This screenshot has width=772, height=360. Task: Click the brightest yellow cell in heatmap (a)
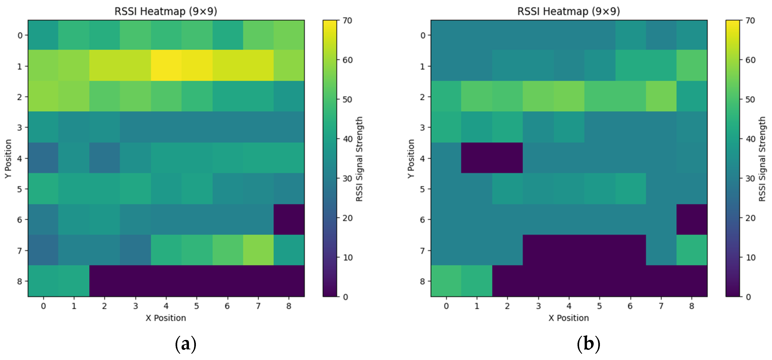pyautogui.click(x=166, y=66)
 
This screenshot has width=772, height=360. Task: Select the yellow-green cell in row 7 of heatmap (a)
pyautogui.click(x=258, y=250)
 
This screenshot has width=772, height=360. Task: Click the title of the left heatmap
pyautogui.click(x=166, y=11)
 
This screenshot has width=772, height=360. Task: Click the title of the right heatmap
pyautogui.click(x=568, y=11)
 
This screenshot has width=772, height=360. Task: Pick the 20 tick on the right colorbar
pyautogui.click(x=750, y=218)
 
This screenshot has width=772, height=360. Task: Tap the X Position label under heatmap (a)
pyautogui.click(x=166, y=318)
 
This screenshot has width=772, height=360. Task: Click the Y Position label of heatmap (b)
pyautogui.click(x=411, y=159)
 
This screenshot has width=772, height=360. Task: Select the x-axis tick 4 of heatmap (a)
pyautogui.click(x=166, y=306)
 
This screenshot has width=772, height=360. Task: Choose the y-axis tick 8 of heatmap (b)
pyautogui.click(x=422, y=281)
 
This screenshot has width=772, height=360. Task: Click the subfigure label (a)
pyautogui.click(x=185, y=344)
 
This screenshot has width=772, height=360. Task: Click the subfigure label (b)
pyautogui.click(x=588, y=344)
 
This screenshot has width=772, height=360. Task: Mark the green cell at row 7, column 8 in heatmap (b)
pyautogui.click(x=692, y=250)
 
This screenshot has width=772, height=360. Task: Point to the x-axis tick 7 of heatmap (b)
pyautogui.click(x=661, y=306)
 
